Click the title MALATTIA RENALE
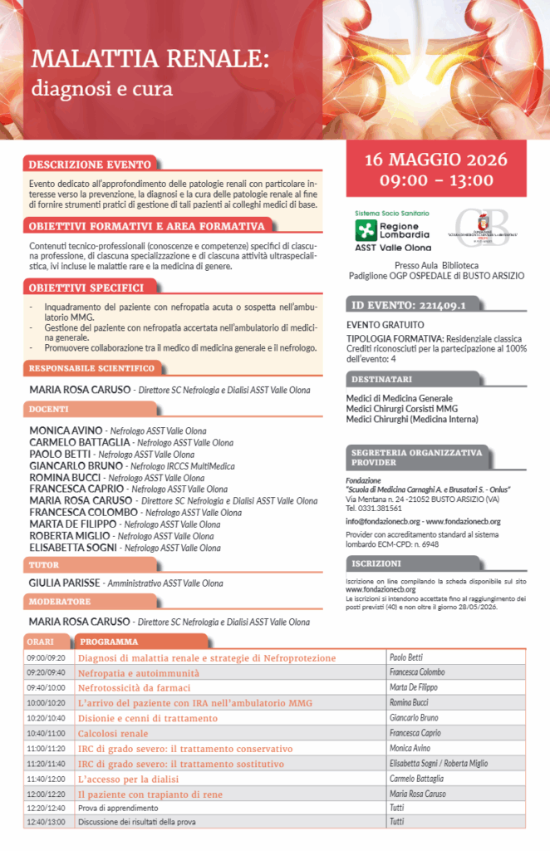tap(150, 60)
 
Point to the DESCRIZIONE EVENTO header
tap(91, 165)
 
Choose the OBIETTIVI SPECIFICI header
tap(86, 288)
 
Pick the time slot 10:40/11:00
tap(46, 733)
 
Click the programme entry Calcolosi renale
tap(113, 733)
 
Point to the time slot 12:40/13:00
tap(46, 822)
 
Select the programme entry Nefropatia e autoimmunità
tap(139, 672)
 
